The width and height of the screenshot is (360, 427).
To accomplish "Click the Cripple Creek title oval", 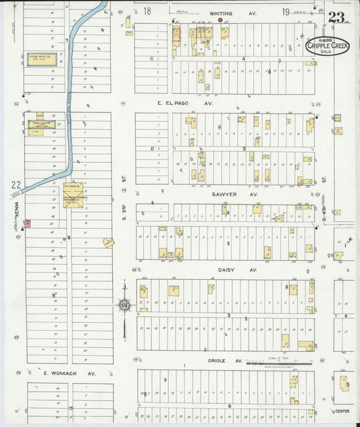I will click(327, 46).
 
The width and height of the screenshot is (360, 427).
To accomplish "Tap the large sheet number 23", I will click(338, 17).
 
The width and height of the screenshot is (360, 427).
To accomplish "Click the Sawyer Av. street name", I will click(235, 194).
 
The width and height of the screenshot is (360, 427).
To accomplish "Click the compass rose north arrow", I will click(125, 305).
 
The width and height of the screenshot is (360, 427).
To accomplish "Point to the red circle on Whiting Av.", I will click(220, 20).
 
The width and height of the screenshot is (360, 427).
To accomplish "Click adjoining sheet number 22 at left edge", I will click(16, 184).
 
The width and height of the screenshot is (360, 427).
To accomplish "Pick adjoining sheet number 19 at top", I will click(286, 11).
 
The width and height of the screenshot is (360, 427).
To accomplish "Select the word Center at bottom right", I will click(342, 411).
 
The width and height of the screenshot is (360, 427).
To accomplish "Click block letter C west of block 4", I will click(153, 59).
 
